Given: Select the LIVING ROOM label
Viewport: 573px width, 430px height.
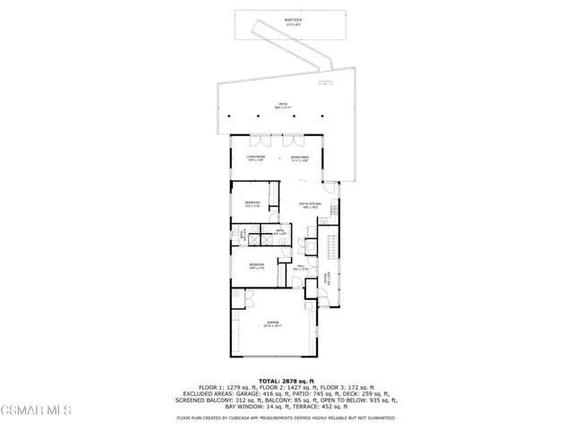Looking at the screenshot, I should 255,159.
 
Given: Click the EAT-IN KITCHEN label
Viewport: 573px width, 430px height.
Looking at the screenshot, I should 309,207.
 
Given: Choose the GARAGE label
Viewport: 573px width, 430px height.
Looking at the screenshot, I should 270,323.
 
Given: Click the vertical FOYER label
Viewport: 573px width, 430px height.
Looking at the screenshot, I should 328,279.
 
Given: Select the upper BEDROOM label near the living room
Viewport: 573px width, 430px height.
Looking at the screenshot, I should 252,204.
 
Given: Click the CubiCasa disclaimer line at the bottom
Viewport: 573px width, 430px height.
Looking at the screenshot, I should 286,417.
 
